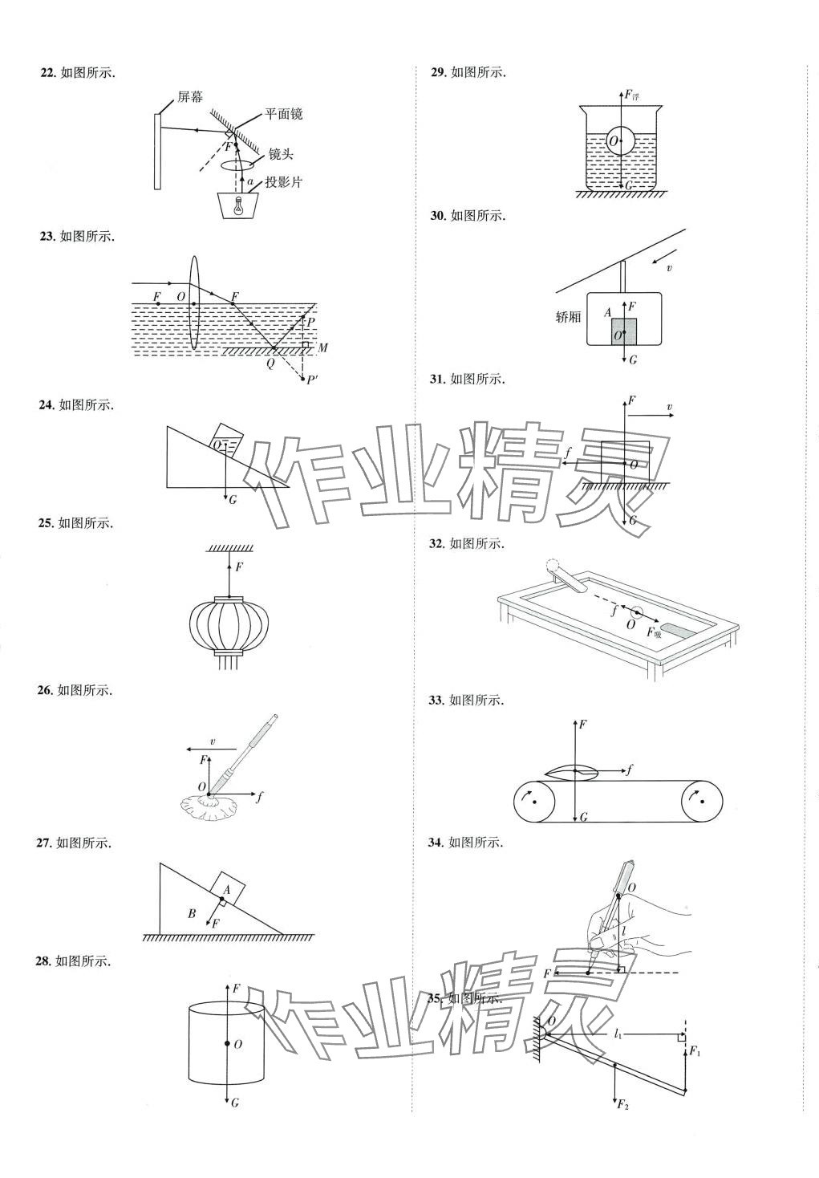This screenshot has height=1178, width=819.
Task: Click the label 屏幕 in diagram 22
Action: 190,97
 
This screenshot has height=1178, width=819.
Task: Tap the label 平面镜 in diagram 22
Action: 284,115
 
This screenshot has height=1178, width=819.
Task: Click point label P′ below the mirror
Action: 311,380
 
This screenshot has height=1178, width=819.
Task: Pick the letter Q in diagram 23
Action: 270,361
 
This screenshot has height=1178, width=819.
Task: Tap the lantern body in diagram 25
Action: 229,625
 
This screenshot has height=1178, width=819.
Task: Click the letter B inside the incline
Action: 192,913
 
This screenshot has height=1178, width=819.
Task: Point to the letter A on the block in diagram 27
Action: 227,889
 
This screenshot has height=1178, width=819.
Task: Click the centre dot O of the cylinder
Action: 228,1044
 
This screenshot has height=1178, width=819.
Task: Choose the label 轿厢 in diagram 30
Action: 568,317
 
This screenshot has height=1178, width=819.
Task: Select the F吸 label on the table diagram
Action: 654,632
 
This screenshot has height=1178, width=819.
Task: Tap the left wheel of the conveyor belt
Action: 533,800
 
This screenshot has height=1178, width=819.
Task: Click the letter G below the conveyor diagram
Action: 584,817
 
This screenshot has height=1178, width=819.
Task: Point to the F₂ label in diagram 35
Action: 622,1105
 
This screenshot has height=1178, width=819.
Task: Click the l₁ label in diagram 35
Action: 618,1034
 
